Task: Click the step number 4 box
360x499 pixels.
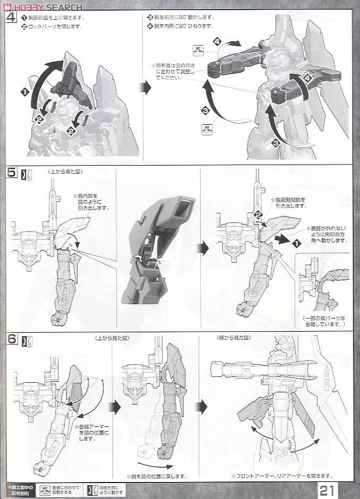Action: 11,17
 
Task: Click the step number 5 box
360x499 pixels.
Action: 11,174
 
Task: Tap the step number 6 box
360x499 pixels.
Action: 11,340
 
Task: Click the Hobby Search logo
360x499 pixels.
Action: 42,6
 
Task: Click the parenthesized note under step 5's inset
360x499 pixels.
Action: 324,321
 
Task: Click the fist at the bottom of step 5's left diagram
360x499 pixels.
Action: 58,319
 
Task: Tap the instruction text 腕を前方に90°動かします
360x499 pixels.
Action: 181,17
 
